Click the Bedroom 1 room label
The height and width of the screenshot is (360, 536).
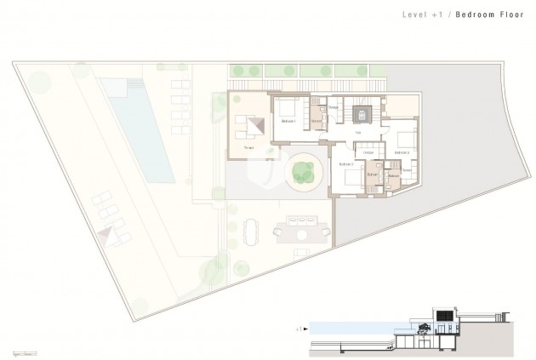click(x=288, y=122)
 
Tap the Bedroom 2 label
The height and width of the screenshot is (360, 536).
click(x=345, y=163)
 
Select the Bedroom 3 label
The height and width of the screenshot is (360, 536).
click(x=402, y=152)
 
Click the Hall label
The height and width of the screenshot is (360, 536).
click(x=358, y=133)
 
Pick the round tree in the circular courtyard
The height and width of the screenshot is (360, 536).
click(x=301, y=173)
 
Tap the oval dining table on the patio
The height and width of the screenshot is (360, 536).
click(x=252, y=230)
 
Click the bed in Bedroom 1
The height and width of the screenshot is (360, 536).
click(x=287, y=108)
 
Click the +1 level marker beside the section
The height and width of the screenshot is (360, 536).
click(x=297, y=326)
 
